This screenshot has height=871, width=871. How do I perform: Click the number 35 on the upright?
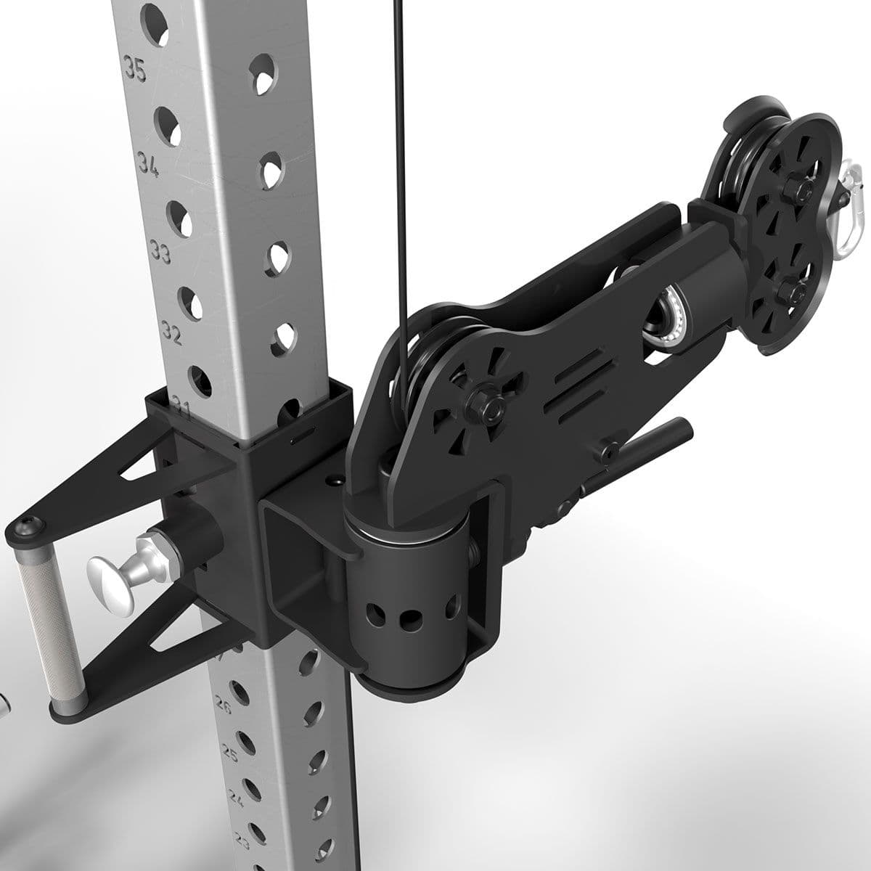[135, 70]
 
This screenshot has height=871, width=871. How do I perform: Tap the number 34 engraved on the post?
[149, 165]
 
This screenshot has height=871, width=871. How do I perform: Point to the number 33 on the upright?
[160, 251]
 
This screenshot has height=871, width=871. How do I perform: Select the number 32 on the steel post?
[172, 333]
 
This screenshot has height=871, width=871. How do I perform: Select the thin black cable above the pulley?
[398, 145]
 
